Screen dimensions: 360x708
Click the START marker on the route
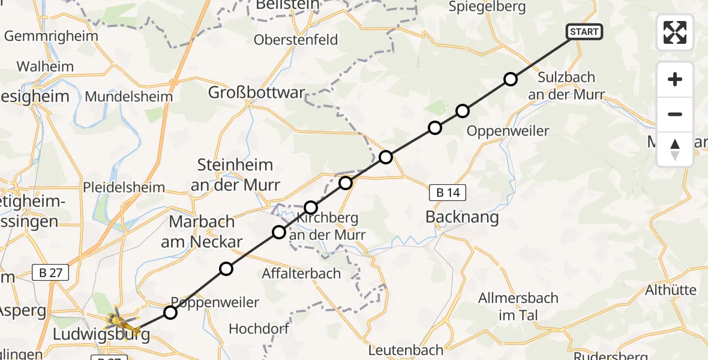pos(583,31)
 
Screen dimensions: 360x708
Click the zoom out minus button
pos(675,114)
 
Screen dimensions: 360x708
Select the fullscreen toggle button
pos(675,32)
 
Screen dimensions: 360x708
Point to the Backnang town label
pos(462,217)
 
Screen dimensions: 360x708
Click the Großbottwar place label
pos(256,93)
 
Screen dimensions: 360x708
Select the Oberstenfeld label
pos(296,40)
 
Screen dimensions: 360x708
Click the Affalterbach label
pos(301,274)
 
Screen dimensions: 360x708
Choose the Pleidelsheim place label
pos(125,187)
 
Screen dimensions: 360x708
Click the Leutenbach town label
pos(406,350)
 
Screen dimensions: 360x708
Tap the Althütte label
pos(670,290)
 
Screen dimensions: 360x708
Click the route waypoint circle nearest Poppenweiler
pos(170,313)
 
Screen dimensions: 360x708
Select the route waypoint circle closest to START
pos(510,79)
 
